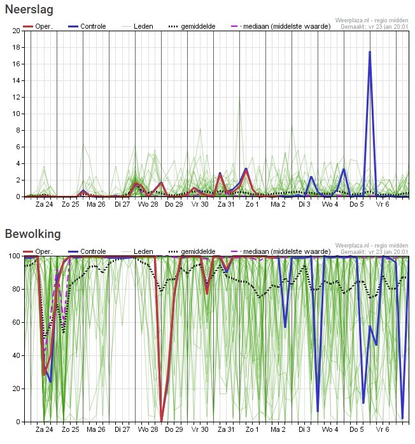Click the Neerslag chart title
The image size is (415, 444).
click(x=29, y=10)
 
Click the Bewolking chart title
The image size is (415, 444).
click(x=32, y=234)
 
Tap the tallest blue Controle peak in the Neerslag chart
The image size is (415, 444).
click(x=370, y=52)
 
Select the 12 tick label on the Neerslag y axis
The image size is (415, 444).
click(x=17, y=97)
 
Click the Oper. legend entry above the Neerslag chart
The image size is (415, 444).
click(x=38, y=26)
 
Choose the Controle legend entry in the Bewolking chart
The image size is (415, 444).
click(x=87, y=251)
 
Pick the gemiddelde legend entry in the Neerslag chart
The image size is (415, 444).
click(x=192, y=26)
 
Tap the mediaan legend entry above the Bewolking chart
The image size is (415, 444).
click(x=281, y=251)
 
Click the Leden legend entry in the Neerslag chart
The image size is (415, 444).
click(x=137, y=26)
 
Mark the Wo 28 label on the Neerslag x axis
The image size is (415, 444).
click(x=148, y=204)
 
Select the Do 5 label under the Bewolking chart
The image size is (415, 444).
click(x=356, y=429)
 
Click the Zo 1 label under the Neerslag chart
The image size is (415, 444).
click(x=252, y=204)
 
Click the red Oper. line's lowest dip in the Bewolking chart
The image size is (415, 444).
click(x=161, y=421)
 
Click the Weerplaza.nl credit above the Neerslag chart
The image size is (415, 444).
click(x=372, y=20)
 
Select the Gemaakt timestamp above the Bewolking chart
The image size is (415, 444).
click(x=374, y=252)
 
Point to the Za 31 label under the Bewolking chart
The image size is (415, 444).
click(x=226, y=429)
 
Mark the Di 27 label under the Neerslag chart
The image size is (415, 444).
click(x=122, y=204)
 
